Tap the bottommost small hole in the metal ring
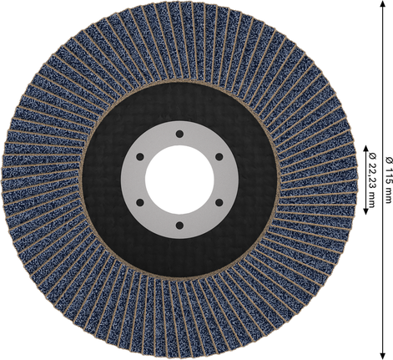point(178,224)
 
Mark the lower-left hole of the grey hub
point(139,201)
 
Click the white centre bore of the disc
point(178,180)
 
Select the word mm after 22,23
point(370,200)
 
